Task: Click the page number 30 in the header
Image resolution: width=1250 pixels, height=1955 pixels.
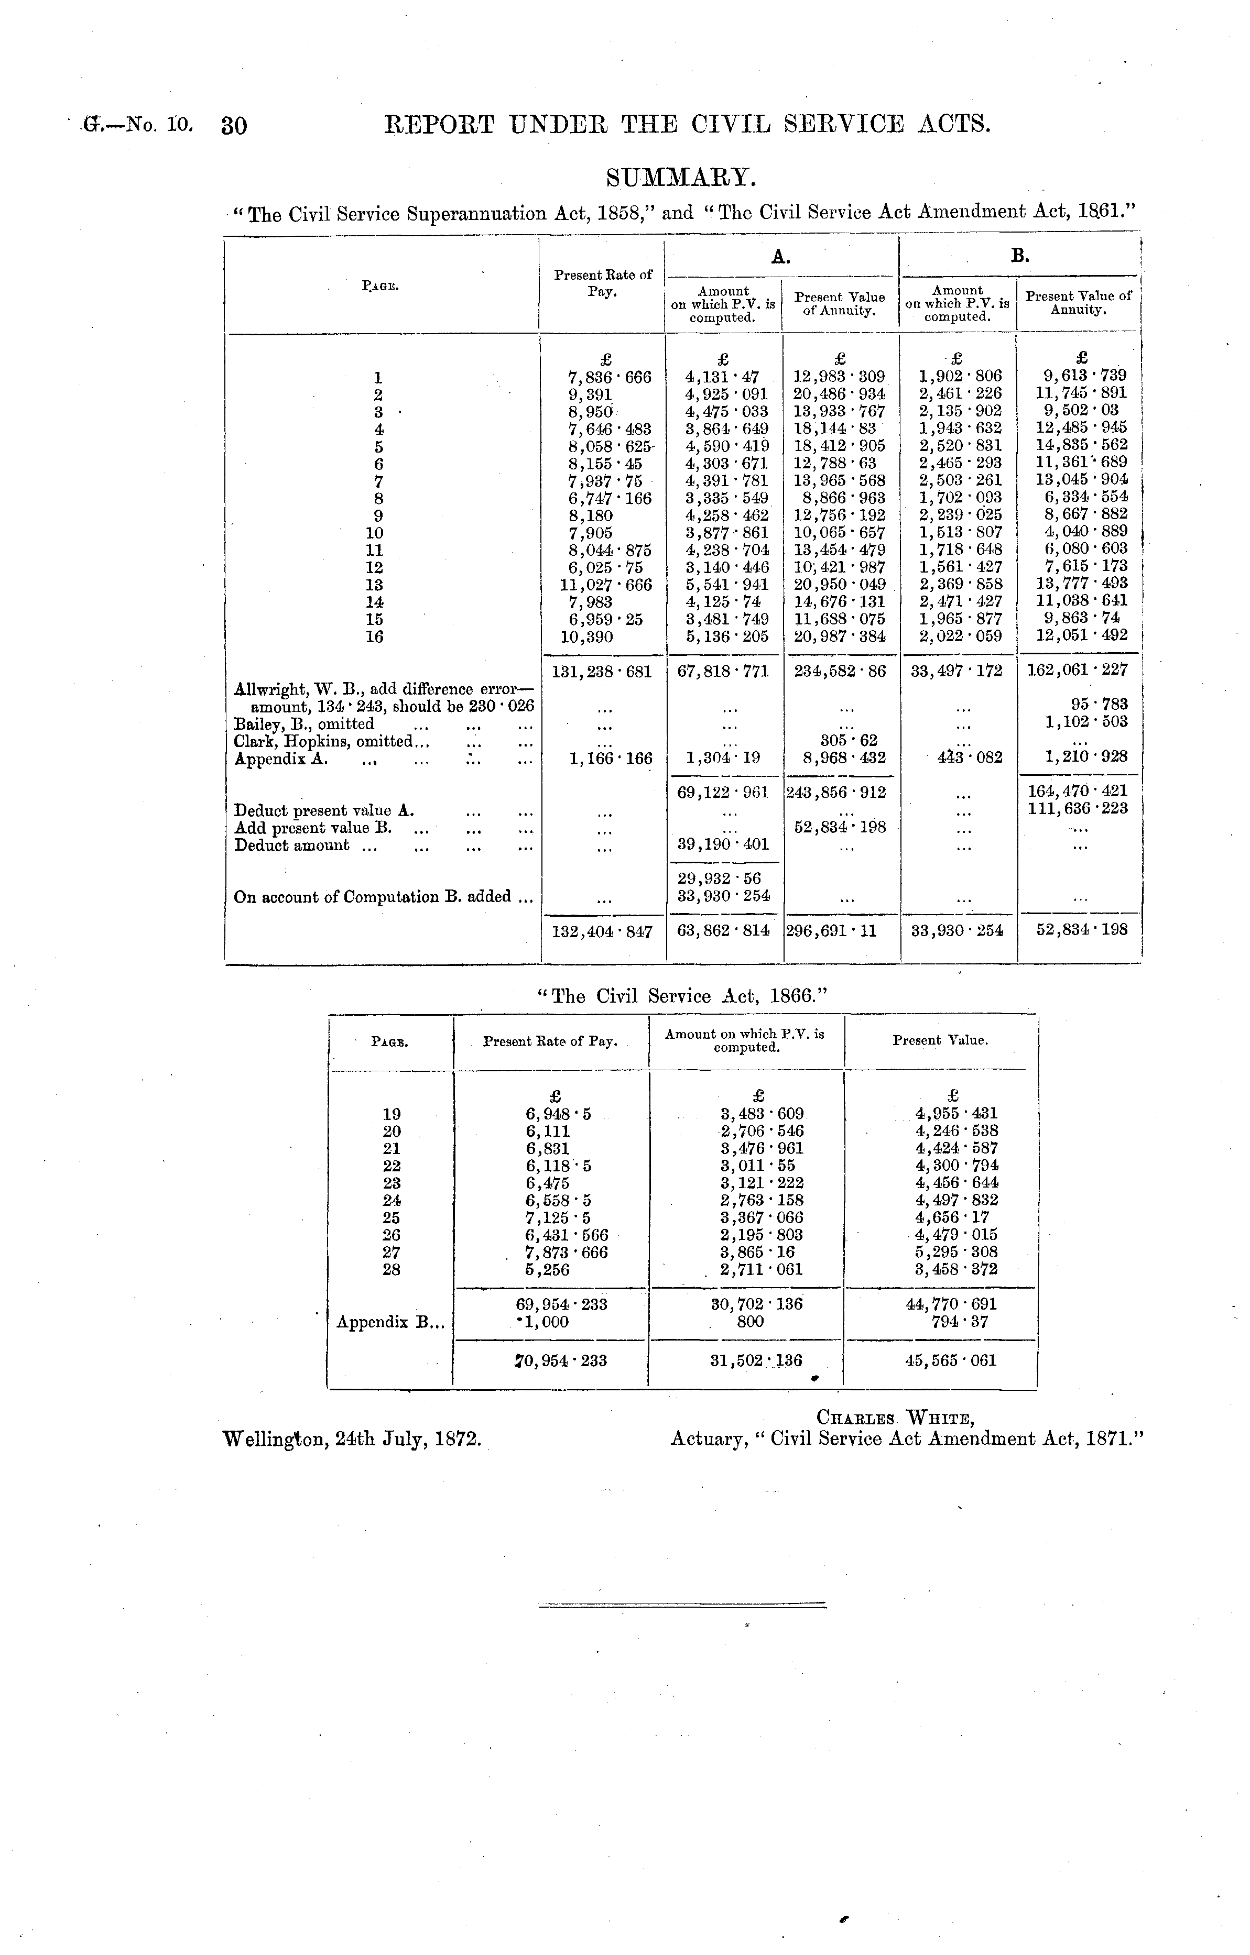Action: [x=234, y=126]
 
